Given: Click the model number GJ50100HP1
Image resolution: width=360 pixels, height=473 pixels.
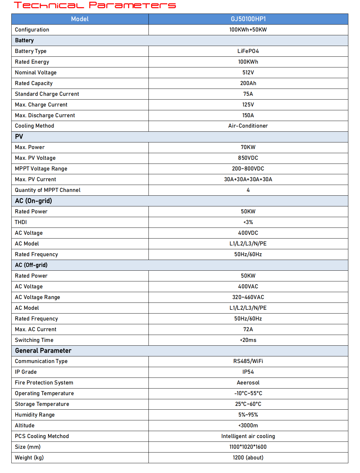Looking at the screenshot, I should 248,19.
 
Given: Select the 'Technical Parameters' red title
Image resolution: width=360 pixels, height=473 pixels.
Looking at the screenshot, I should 95,5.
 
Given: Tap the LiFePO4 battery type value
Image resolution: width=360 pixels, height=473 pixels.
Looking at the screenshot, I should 248,51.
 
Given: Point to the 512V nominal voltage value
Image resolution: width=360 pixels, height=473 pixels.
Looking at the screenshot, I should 248,72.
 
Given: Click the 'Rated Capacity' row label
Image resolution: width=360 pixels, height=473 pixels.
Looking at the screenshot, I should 34,83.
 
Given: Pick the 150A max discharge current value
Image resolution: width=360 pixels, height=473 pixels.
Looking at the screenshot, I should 248,115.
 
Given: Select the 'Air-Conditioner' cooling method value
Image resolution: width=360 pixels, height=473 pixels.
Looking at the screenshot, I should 248,126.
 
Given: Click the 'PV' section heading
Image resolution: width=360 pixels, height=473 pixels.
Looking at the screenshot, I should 19,136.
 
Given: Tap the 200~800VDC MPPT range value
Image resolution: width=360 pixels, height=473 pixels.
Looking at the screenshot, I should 248,169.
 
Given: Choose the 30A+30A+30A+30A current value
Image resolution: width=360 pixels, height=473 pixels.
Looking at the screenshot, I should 248,179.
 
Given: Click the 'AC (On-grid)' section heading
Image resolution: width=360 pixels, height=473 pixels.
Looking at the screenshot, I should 33,201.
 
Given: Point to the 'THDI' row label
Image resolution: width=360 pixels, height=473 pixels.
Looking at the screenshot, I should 21,222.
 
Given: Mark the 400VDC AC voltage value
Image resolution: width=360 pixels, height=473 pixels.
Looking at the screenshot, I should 248,233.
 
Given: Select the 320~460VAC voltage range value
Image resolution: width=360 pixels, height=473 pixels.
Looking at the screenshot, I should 248,297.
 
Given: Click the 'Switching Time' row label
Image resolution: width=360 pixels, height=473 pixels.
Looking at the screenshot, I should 34,340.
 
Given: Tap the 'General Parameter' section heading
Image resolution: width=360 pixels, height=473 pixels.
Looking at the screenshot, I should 43,351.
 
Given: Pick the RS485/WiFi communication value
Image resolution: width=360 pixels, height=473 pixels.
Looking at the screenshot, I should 248,361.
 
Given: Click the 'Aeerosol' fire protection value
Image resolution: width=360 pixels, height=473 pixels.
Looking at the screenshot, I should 248,383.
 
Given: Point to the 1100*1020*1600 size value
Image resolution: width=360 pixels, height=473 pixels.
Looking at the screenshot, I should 248,447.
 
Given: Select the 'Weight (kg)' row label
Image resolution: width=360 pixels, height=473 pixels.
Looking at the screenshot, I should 29,458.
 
